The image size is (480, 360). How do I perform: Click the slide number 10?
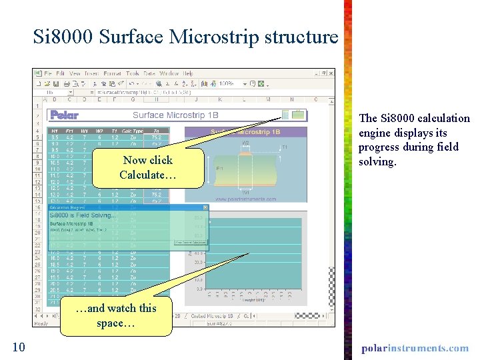[x=19, y=347]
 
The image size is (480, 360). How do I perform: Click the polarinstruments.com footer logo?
[x=415, y=348]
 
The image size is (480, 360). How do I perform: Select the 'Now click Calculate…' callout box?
[x=147, y=167]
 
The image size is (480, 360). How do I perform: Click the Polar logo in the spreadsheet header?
[x=65, y=115]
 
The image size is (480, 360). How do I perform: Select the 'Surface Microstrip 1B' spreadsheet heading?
[x=178, y=115]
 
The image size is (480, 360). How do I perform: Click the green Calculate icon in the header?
[x=297, y=115]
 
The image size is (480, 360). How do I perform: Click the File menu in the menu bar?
[x=45, y=73]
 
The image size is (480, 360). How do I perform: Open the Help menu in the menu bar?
[x=187, y=73]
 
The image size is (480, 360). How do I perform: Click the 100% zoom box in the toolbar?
[x=228, y=84]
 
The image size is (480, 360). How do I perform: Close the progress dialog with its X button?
[x=205, y=207]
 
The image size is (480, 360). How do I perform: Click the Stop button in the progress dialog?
[x=190, y=242]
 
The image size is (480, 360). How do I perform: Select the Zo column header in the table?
[x=156, y=131]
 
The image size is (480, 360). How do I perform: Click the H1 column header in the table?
[x=55, y=131]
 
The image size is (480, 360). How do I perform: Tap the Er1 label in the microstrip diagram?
[x=220, y=169]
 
